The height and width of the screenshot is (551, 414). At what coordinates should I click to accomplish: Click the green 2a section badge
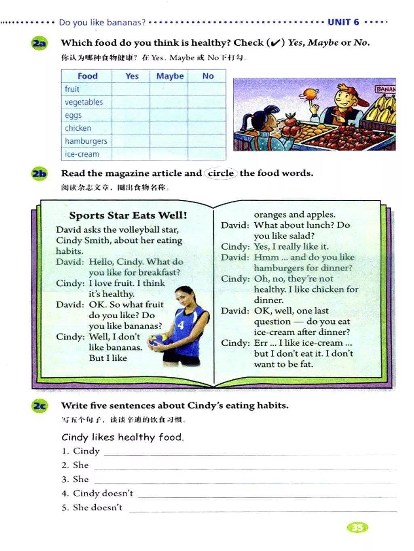[x=39, y=43]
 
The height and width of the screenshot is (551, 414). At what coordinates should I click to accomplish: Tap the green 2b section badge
[x=39, y=174]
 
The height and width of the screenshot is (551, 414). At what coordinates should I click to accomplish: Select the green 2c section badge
[x=39, y=406]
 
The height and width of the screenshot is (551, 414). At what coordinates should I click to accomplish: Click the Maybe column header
[x=170, y=76]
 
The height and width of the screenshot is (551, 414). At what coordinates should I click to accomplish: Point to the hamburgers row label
[x=86, y=141]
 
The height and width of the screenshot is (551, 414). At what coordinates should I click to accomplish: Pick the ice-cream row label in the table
[x=82, y=154]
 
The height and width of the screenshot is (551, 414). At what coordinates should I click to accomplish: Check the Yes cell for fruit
[x=131, y=89]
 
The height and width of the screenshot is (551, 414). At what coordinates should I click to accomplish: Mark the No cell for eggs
[x=207, y=115]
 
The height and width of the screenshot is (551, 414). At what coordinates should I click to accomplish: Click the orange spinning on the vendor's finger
[x=311, y=94]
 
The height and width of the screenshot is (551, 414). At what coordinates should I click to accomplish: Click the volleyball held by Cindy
[x=156, y=341]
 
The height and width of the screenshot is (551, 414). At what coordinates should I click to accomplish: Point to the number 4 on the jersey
[x=181, y=325]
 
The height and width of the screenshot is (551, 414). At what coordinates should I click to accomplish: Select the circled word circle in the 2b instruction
[x=221, y=173]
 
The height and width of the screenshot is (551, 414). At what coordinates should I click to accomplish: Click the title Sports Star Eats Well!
[x=128, y=215]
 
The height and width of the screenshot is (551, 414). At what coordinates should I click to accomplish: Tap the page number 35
[x=357, y=527]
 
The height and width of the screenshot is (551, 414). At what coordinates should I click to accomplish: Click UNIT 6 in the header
[x=343, y=22]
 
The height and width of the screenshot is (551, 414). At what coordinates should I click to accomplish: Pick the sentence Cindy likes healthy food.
[x=123, y=437]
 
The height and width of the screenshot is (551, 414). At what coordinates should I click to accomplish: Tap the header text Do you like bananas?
[x=102, y=23]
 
